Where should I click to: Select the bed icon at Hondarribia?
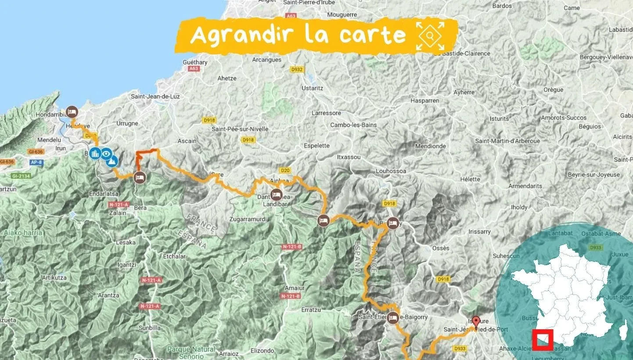72,112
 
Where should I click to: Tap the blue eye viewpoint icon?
106,154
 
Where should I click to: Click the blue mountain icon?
112,162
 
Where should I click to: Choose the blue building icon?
94,154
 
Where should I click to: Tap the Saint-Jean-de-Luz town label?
155,97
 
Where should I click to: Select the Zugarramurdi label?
248,219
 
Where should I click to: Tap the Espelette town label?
314,146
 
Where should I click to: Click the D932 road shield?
297,69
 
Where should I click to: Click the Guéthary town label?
195,62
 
